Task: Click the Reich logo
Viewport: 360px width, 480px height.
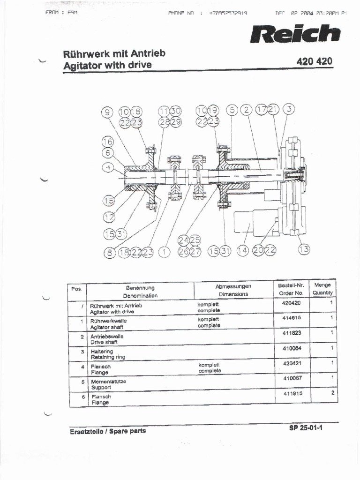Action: click(x=295, y=34)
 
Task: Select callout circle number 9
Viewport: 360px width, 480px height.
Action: click(x=108, y=112)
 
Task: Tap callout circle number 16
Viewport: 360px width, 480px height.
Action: click(x=108, y=142)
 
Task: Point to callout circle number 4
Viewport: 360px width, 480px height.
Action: click(x=108, y=167)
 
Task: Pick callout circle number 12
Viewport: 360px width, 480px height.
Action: click(x=109, y=217)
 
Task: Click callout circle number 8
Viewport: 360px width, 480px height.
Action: click(x=109, y=252)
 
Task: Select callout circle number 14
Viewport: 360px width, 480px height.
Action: click(x=242, y=251)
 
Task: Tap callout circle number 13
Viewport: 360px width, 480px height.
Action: click(x=304, y=249)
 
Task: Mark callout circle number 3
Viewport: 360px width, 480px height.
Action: click(x=289, y=109)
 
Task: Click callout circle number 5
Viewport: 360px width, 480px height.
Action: click(x=232, y=110)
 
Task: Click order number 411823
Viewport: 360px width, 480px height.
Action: click(x=292, y=333)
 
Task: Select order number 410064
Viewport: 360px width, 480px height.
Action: click(x=292, y=348)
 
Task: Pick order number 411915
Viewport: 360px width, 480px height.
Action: click(x=292, y=393)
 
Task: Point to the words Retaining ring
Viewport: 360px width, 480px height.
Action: click(x=108, y=357)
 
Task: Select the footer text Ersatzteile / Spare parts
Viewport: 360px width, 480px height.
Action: click(x=107, y=431)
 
